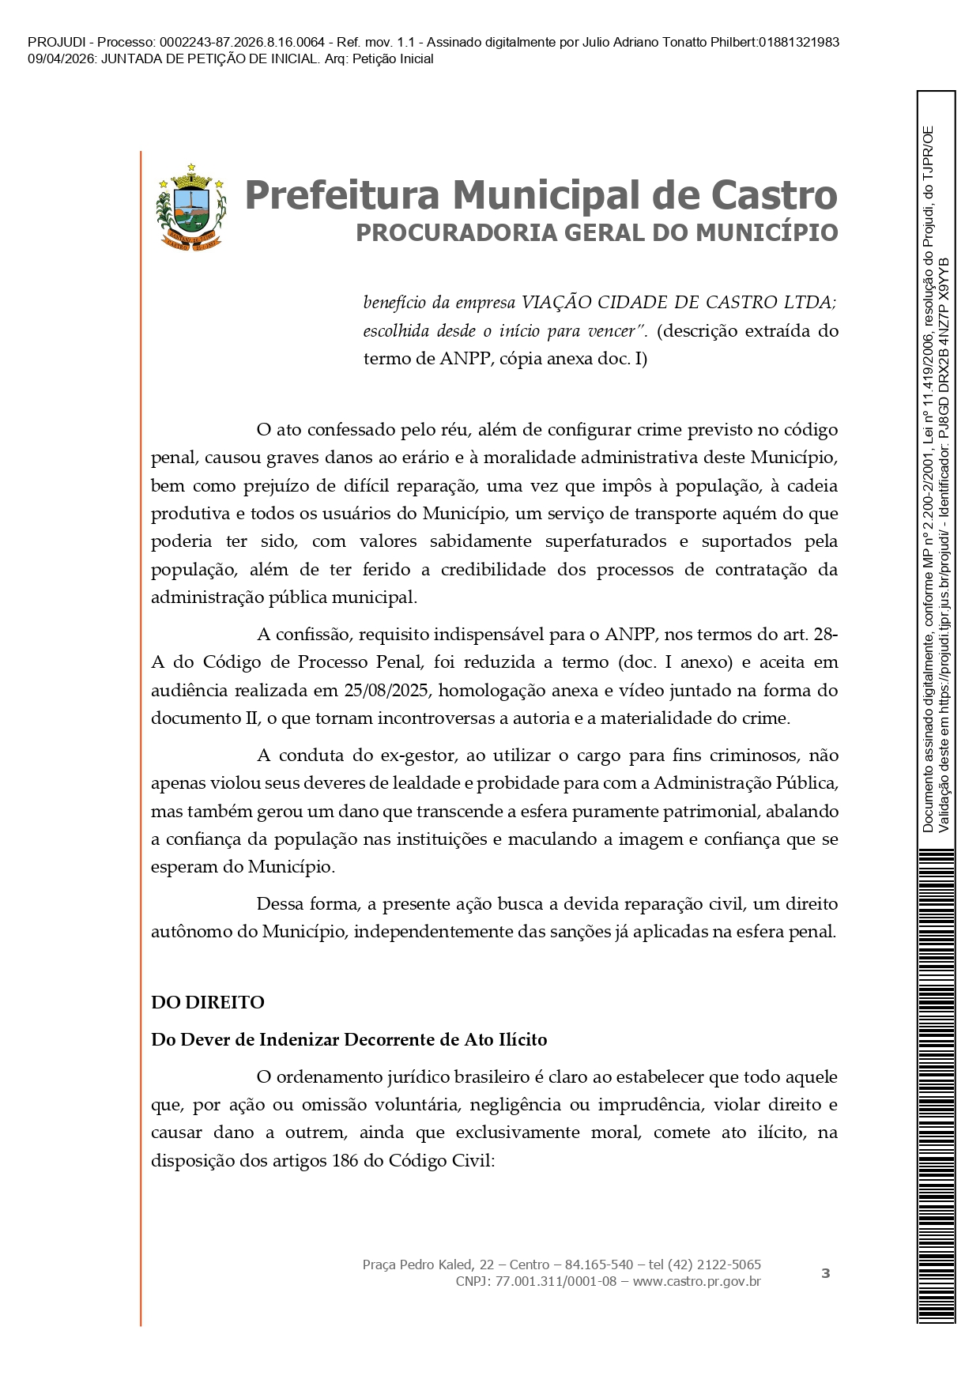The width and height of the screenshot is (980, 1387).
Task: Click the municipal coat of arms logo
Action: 190,207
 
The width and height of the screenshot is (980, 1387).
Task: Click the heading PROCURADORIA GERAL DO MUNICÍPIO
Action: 597,232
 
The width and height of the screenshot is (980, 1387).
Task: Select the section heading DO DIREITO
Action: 208,1002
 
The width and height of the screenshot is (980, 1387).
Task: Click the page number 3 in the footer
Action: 826,1273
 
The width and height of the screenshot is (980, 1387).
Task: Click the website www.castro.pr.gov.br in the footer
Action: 696,1281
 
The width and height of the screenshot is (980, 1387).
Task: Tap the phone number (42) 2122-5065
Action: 716,1265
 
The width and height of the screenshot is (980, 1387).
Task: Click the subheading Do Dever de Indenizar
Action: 349,1039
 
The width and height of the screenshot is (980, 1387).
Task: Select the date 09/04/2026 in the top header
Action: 62,59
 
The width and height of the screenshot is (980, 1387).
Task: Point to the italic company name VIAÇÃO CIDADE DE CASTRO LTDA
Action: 677,303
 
